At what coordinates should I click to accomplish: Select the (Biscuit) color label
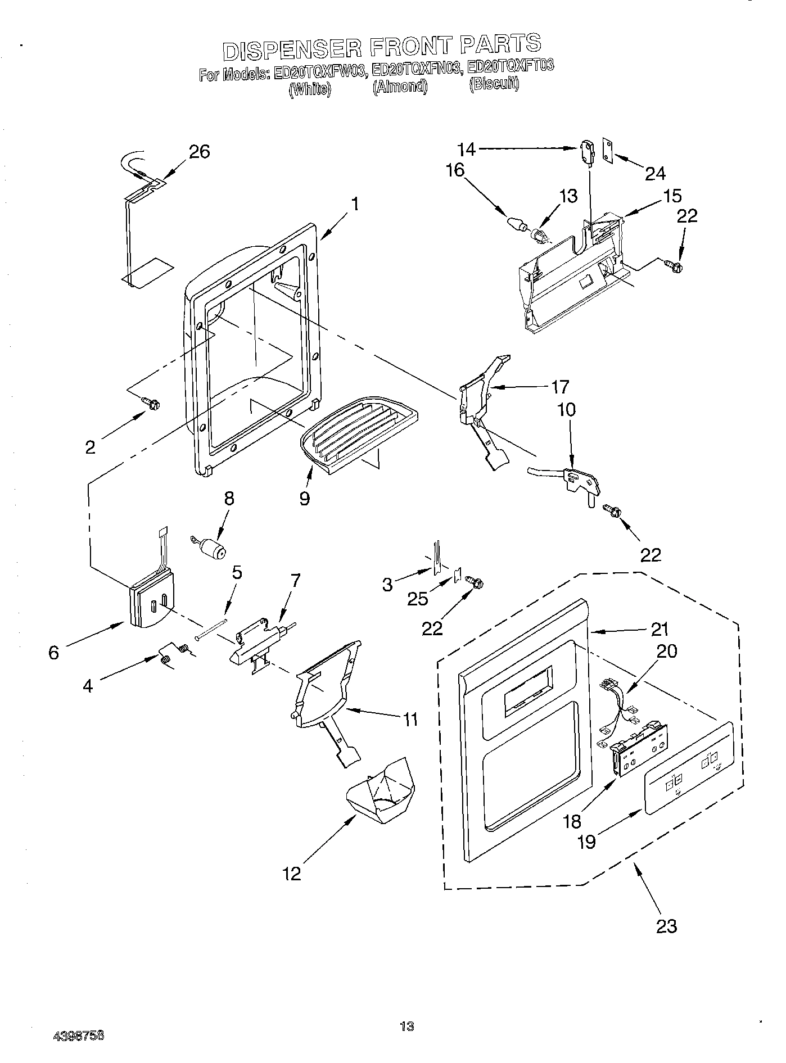point(494,84)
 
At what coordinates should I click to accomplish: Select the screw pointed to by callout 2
point(152,403)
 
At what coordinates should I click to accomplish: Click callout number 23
point(666,925)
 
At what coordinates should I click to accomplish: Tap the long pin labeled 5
point(211,630)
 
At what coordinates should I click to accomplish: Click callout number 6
point(53,652)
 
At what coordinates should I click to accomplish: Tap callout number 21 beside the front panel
point(660,629)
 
